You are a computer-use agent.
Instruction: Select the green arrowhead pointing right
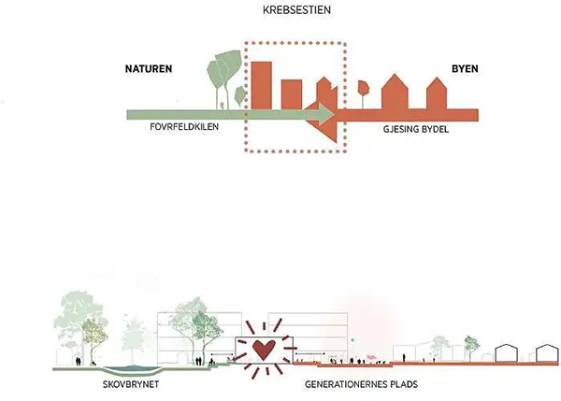[323, 115]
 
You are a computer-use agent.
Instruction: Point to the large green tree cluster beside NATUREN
[223, 70]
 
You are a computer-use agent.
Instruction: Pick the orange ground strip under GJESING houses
[411, 115]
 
